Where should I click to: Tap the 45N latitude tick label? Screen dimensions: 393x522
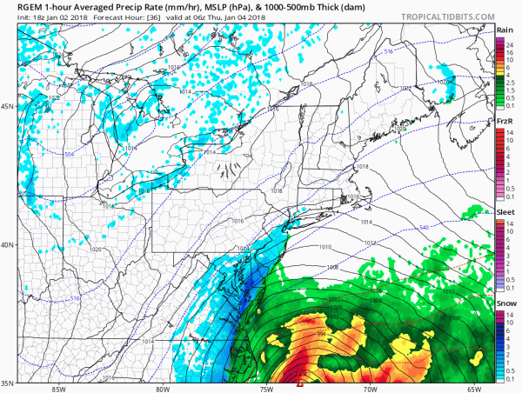[x=8, y=107]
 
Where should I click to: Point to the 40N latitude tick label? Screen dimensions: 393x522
[x=8, y=244]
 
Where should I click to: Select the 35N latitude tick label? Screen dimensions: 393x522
[x=8, y=382]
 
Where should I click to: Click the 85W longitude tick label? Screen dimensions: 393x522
[x=58, y=389]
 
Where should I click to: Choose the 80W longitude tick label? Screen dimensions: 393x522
[x=163, y=389]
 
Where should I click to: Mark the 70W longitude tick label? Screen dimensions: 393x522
[x=370, y=389]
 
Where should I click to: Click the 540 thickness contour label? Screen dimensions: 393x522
[x=424, y=227]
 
